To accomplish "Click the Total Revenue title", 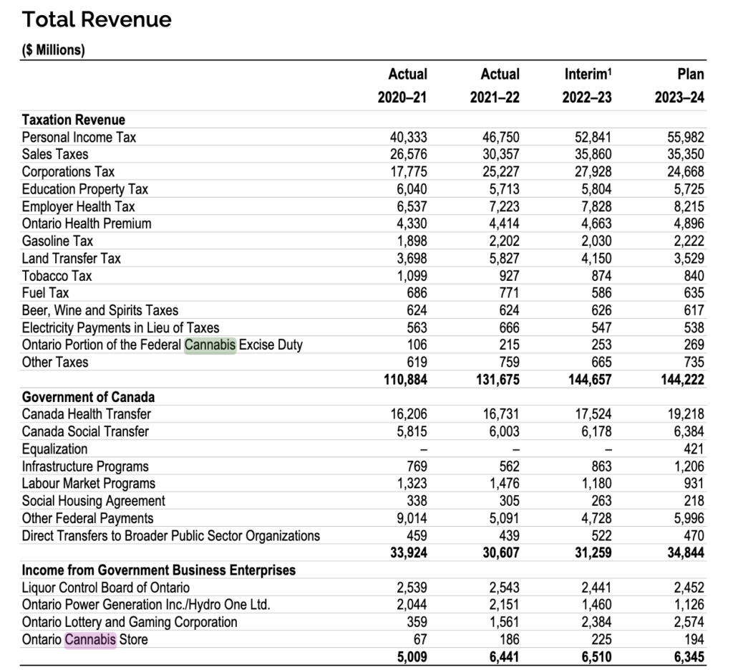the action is coord(97,19).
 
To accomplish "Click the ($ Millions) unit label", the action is coord(53,50).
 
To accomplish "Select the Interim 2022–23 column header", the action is coord(587,85).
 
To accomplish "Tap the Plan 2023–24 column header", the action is coord(679,85).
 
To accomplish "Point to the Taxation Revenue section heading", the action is coord(74,120).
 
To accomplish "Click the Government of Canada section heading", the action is coord(88,397).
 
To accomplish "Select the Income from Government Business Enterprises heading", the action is coord(159,570).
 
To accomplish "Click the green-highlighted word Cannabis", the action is coord(210,345).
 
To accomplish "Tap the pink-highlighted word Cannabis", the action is coord(90,640).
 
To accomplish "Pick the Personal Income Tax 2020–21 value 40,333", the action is coord(408,137).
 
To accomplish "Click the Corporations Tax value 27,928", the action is coord(593,172).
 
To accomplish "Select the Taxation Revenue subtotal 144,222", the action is coord(682,380).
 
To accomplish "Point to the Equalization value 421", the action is coord(694,449).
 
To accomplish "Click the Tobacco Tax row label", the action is coord(57,276).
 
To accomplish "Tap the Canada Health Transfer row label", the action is coord(87,414).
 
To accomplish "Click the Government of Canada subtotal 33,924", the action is coord(409,552).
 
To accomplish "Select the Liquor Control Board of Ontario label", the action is coord(106,588).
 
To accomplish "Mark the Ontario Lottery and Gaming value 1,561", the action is coord(504,622).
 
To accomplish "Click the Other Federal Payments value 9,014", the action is coord(412,518).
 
